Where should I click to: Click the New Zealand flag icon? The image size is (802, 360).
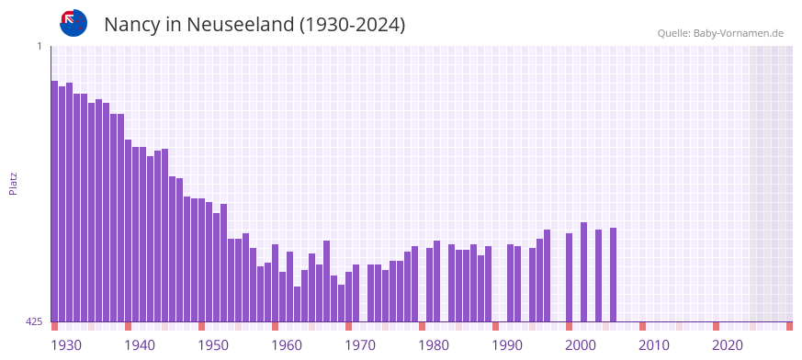pos(73,23)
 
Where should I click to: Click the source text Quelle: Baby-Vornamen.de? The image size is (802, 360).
pos(719,33)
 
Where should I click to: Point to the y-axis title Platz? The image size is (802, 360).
pos(13,183)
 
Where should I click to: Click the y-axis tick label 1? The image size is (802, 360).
pos(40,46)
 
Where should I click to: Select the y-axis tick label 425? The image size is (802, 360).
pos(34,321)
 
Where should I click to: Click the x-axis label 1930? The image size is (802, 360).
pos(66,345)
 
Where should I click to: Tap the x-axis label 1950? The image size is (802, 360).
pos(213,345)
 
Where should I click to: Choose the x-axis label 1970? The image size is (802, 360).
pos(360,345)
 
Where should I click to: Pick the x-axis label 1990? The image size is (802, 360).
pos(507,345)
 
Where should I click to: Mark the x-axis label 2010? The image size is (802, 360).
pos(654,345)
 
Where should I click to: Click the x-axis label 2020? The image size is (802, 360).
pos(728,345)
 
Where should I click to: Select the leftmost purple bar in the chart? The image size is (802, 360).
pos(54,201)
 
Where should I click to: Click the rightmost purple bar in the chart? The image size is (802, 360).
pos(613,275)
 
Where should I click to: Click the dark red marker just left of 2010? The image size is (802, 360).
pos(642,326)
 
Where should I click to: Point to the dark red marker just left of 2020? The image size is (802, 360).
pos(716,326)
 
